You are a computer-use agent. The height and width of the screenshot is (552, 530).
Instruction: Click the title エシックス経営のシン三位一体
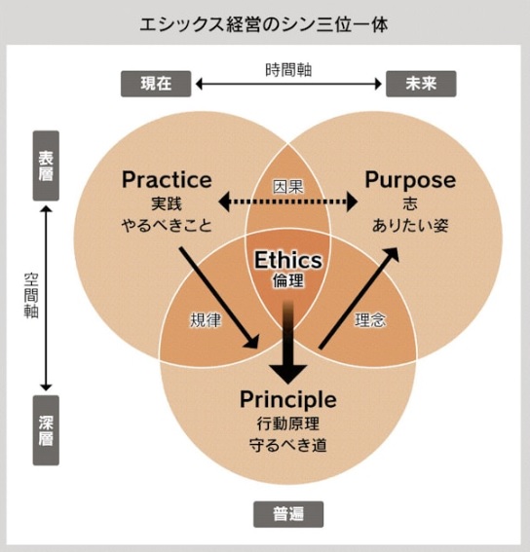[x=264, y=24]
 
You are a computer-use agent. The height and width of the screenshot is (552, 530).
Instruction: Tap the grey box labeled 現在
[x=156, y=84]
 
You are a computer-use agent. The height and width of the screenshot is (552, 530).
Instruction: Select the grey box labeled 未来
[x=421, y=84]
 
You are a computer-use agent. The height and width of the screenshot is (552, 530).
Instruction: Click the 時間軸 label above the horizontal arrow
[x=288, y=70]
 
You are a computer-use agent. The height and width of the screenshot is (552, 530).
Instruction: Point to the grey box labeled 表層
[x=46, y=166]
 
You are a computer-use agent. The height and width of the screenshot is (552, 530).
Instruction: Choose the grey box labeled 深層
[x=46, y=430]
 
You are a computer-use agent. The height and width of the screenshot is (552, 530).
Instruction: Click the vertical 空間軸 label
[x=31, y=296]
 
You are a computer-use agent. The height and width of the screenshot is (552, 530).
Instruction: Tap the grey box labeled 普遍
[x=288, y=514]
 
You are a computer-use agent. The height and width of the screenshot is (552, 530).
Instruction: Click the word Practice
[x=167, y=179]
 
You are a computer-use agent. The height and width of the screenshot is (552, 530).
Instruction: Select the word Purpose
[x=410, y=180]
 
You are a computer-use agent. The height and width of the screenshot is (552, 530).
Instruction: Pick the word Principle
[x=288, y=399]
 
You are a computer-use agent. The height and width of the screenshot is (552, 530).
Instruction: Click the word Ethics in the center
[x=288, y=260]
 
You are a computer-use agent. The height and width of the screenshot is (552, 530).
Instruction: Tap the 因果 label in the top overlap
[x=288, y=187]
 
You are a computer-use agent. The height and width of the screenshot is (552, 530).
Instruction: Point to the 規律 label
[x=206, y=320]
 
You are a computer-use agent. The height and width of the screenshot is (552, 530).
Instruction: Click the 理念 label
[x=370, y=320]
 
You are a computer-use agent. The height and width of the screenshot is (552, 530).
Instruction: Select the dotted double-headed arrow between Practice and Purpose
[x=288, y=202]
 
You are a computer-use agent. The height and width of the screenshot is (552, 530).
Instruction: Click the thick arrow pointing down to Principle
[x=288, y=342]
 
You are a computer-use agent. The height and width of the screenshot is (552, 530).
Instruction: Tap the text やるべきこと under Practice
[x=167, y=225]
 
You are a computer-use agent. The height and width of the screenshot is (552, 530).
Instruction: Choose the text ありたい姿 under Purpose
[x=410, y=225]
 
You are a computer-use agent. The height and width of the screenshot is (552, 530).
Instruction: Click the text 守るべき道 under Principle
[x=288, y=445]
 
